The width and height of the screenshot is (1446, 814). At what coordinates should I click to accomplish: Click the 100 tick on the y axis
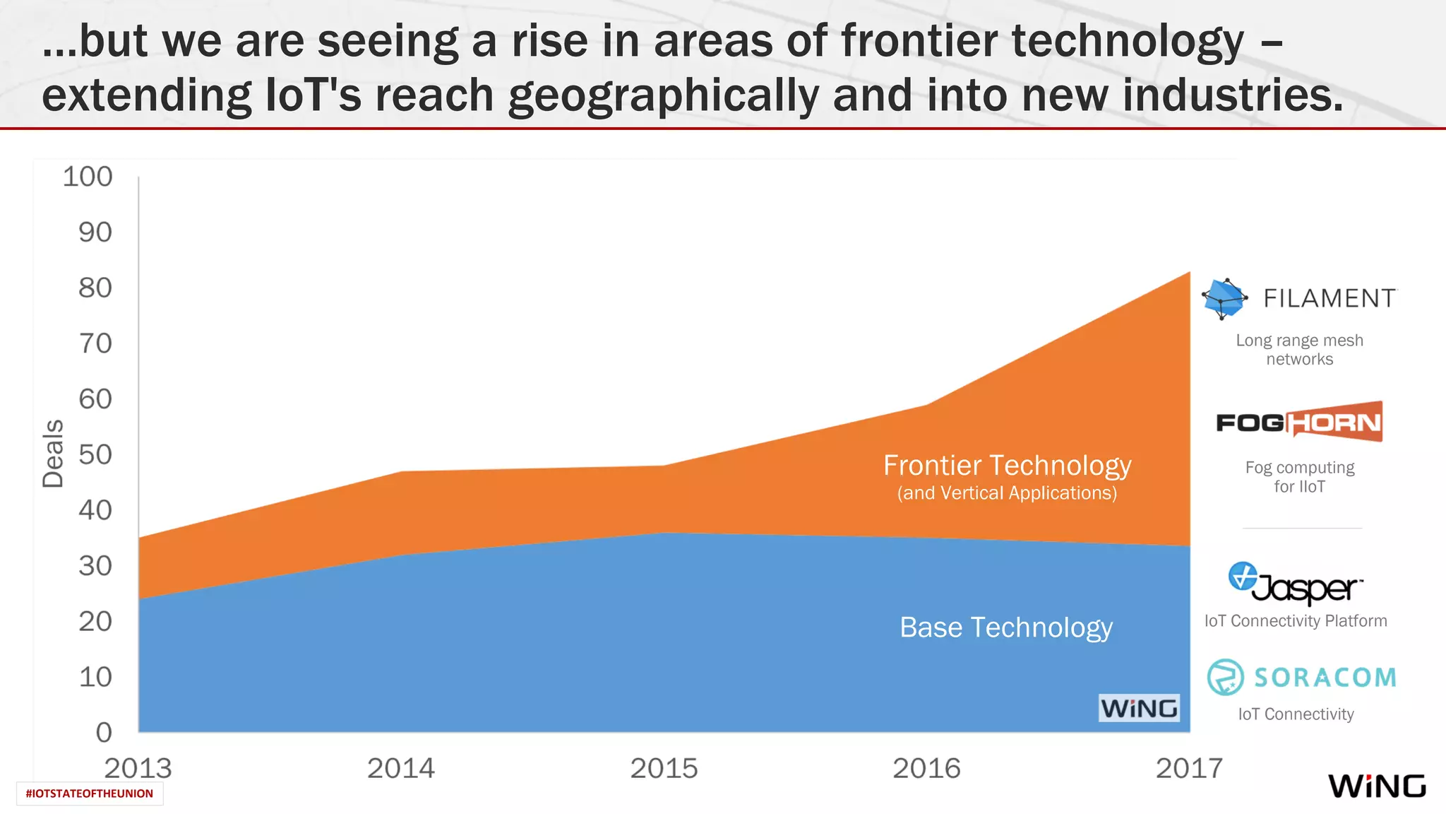(88, 177)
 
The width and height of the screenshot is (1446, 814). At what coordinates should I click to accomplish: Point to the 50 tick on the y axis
(95, 454)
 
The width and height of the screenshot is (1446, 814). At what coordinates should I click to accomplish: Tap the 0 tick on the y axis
(104, 732)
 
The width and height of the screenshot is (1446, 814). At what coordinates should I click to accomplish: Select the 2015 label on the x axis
(664, 768)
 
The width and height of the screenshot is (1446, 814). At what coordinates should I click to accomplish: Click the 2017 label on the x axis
(1189, 768)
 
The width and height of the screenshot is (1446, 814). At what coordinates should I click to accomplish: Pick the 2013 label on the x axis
(138, 768)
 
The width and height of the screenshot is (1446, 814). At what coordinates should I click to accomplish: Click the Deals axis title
(53, 454)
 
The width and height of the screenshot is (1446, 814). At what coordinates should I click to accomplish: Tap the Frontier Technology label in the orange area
(1007, 466)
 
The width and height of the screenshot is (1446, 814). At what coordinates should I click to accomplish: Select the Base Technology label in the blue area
(1006, 627)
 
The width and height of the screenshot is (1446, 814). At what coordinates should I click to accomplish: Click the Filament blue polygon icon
(1224, 298)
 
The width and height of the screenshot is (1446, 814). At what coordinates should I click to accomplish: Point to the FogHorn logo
(1299, 422)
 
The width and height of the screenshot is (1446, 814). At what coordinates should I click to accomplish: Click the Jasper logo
(1296, 584)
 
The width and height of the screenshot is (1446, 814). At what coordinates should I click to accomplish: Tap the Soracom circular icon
(1225, 677)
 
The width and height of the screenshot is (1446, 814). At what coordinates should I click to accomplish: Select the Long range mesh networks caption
(1299, 350)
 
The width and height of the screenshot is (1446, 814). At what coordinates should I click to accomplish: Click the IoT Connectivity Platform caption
(1296, 621)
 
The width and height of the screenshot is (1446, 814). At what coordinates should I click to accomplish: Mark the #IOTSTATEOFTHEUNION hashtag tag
(90, 794)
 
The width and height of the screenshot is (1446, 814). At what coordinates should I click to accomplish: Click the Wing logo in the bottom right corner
(1377, 786)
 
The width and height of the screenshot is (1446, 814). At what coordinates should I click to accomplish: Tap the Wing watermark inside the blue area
(1139, 708)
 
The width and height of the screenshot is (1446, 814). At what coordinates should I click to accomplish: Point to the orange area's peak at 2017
(1189, 273)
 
